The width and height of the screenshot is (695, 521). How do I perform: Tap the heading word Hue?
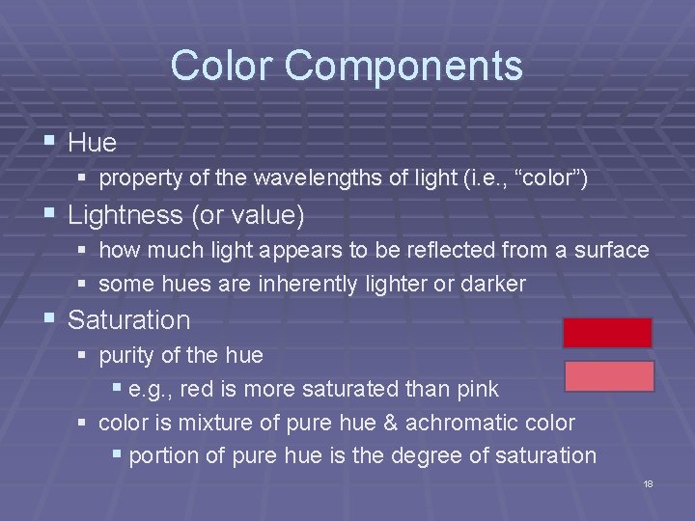pos(93,143)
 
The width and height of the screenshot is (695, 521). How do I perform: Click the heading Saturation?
pos(129,319)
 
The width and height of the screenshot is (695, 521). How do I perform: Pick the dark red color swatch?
pos(608,333)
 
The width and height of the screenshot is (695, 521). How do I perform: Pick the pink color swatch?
pos(608,376)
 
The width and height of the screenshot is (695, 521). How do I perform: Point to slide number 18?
pos(648,483)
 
